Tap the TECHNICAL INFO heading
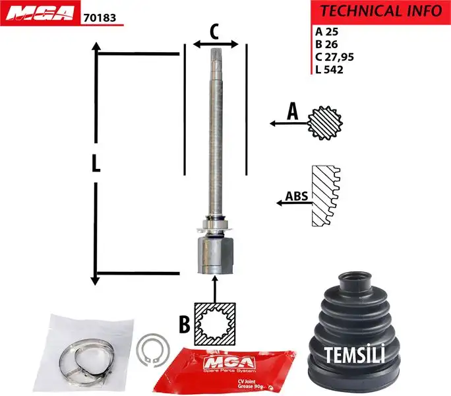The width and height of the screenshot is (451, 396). [x=380, y=11]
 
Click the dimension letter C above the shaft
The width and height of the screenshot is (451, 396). [x=214, y=30]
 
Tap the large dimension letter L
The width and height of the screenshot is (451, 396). [x=96, y=163]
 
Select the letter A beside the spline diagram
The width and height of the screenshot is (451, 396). [x=292, y=113]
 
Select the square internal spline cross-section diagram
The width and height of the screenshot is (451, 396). [x=216, y=323]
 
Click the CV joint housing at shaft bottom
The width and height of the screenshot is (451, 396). [x=215, y=256]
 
